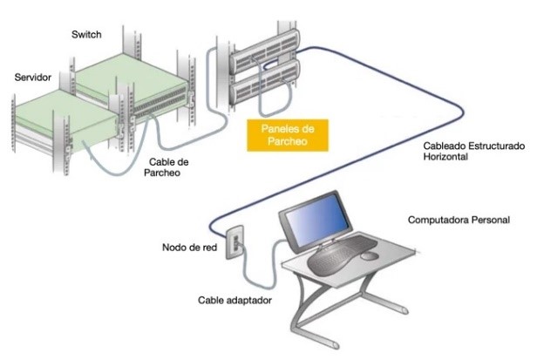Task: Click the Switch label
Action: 86,35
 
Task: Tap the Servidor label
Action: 33,78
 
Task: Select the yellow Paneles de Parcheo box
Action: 288,135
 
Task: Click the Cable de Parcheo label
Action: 167,167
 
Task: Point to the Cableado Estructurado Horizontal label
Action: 474,151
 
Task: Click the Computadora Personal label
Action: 459,220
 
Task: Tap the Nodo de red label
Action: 189,248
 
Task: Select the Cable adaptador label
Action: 235,301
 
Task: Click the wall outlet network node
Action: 235,241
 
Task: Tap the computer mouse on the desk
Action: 370,256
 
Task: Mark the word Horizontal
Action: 445,157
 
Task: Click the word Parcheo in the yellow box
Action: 288,141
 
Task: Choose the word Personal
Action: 491,220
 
